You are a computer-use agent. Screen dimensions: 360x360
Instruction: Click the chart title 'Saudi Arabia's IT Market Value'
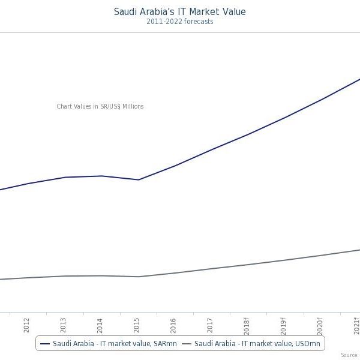(180, 11)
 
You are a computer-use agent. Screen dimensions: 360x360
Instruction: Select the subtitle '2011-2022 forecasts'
(180, 22)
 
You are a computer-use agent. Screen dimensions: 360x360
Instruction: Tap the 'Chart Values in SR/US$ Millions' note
(100, 107)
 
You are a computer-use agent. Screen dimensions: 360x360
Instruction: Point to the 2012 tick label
(26, 325)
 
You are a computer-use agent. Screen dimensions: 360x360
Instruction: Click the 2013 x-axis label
(64, 325)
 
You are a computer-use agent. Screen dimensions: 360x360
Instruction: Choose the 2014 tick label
(100, 325)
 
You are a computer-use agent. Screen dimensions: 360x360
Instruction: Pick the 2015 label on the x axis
(137, 325)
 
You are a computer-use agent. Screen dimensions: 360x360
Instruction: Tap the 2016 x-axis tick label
(174, 325)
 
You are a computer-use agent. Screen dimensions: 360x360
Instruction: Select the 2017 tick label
(211, 325)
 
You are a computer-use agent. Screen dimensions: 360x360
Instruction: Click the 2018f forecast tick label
(247, 326)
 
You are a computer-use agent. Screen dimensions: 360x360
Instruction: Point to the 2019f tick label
(284, 326)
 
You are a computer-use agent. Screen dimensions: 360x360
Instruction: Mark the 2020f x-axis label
(320, 326)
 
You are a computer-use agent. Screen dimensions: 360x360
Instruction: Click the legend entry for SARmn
(108, 343)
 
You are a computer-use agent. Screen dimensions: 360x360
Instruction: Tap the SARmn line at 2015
(139, 179)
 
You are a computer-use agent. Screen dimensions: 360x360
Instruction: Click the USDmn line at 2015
(139, 277)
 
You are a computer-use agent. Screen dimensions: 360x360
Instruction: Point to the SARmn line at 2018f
(247, 135)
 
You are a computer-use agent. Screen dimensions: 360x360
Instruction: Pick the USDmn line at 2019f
(284, 260)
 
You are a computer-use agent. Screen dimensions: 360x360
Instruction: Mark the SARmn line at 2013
(64, 177)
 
